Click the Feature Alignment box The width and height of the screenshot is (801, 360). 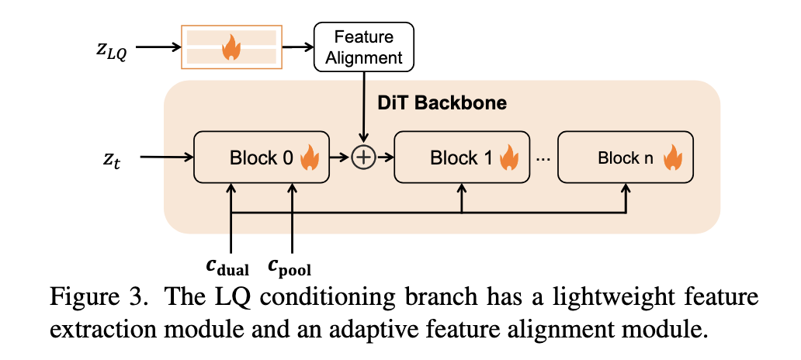pos(363,47)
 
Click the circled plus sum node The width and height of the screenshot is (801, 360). pos(363,157)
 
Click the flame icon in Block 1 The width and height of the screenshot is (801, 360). pos(509,158)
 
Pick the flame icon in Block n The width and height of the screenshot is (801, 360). pos(672,158)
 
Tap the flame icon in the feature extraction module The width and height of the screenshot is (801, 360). pos(230,48)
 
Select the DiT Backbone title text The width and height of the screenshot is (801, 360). pos(442,102)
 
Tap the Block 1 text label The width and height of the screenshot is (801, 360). pos(461,158)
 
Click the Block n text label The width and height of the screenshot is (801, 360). pos(626,158)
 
